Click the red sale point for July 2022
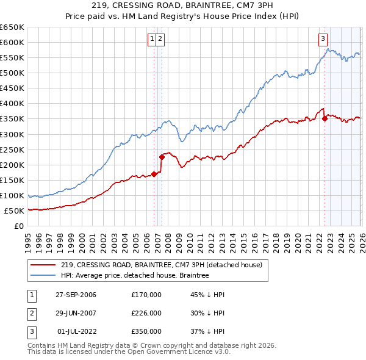point(325,119)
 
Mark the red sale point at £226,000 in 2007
point(162,157)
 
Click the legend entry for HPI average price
point(135,275)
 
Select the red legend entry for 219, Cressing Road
point(161,265)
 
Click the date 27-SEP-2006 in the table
point(76,295)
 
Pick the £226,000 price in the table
point(146,313)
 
